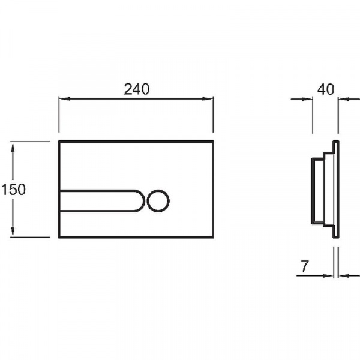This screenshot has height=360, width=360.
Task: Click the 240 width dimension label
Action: tap(137, 89)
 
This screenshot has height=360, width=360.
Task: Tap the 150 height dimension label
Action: tap(13, 190)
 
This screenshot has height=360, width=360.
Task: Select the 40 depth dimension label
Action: tap(326, 89)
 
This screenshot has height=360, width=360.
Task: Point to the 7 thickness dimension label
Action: tap(304, 266)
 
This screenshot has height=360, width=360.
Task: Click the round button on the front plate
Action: tap(158, 200)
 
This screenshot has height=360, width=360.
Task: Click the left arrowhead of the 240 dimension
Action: tap(64, 99)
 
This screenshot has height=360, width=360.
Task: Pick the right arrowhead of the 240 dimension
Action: tap(208, 99)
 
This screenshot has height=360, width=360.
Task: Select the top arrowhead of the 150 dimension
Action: tap(13, 147)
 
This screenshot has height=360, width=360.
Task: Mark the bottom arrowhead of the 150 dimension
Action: tap(13, 232)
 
